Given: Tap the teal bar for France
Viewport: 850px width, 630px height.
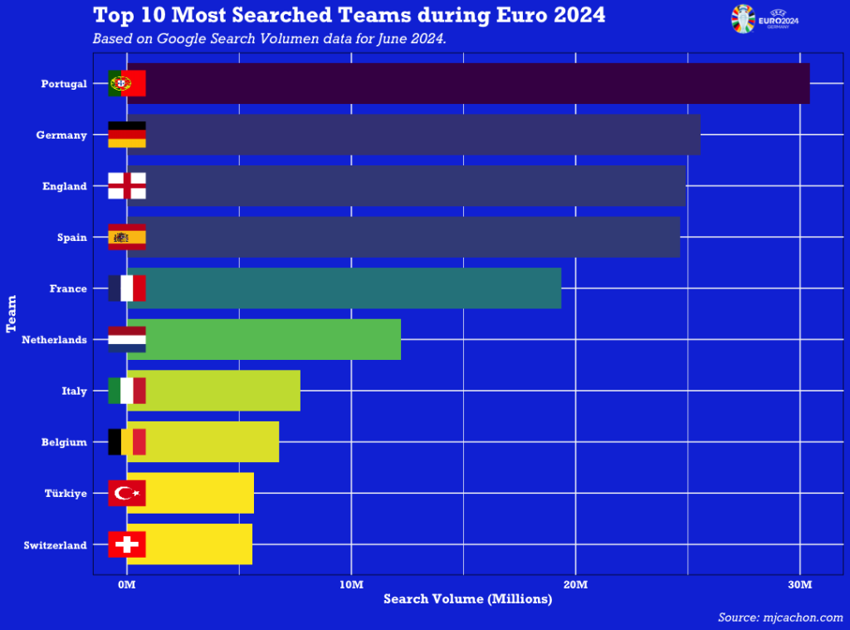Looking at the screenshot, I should pos(349,288).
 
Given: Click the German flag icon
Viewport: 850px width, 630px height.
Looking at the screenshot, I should pos(127,135).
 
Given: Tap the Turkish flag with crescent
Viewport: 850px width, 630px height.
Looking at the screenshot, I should pos(127,493).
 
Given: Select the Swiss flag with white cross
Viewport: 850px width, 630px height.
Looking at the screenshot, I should pos(127,544).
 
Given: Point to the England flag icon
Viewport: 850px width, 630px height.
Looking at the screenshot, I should pos(127,185).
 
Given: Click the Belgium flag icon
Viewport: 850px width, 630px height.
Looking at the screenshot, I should pos(127,441).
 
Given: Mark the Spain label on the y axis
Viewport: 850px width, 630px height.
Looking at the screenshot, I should pos(72,238).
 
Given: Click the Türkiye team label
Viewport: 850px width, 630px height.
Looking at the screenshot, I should pos(66,494).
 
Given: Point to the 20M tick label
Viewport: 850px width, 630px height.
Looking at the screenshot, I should pos(575,585).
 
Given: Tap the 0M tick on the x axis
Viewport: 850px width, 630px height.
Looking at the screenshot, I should pos(127,585).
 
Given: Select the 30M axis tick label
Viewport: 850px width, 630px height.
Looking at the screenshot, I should pos(799,585).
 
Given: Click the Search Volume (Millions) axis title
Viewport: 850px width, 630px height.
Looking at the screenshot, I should pos(467,599).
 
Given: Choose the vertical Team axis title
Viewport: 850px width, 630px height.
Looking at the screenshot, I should pos(12,313).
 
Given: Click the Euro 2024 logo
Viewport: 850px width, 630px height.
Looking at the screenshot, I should pos(764,18).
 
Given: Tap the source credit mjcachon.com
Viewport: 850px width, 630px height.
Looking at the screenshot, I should pos(780,618).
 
